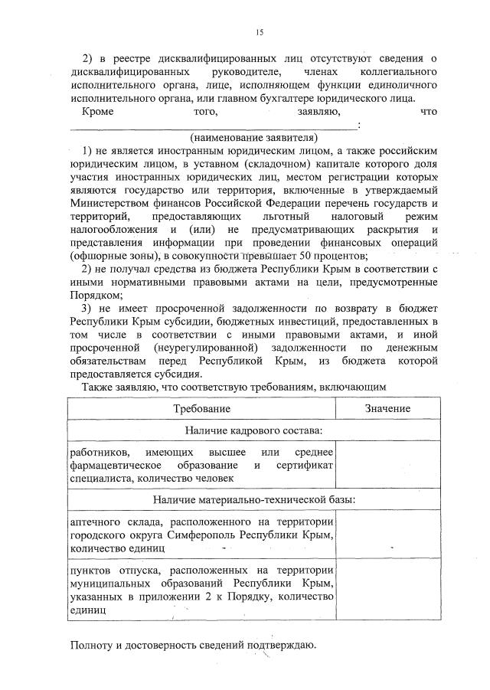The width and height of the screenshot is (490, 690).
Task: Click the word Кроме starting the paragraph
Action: pos(97,111)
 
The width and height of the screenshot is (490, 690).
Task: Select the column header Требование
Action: pos(201,409)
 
